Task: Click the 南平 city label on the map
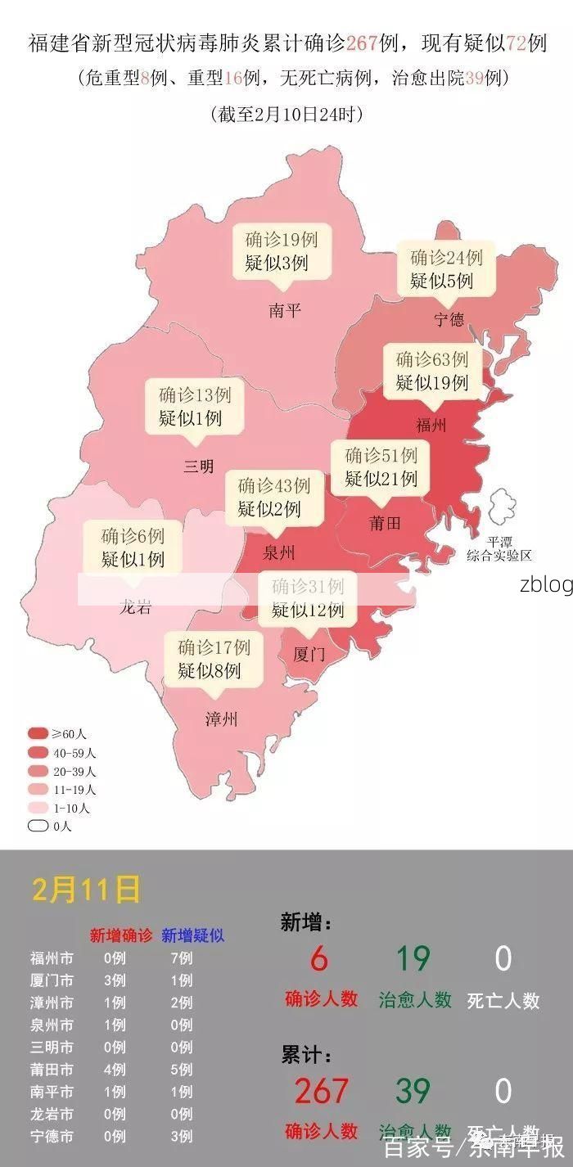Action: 285,311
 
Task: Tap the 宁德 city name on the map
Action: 449,319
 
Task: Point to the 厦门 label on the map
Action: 309,655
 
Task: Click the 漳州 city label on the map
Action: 221,719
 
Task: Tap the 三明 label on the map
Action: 198,466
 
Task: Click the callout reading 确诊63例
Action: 432,370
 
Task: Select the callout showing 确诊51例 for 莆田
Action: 381,466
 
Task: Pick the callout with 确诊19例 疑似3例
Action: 282,251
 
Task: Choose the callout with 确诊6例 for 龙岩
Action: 133,547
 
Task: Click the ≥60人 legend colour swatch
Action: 38,733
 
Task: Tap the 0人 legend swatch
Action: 38,826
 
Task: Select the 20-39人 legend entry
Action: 62,771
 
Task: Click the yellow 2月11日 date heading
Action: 86,889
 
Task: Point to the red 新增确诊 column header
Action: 121,935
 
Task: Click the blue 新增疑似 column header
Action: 192,935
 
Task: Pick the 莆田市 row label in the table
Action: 52,1070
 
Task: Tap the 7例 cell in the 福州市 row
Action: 182,958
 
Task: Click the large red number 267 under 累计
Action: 321,1091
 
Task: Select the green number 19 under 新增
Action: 414,958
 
